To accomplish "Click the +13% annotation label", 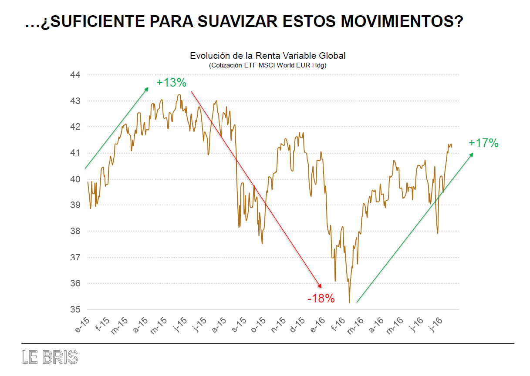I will click(172, 83).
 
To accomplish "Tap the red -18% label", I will click(321, 299).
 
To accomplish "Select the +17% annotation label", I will click(483, 143).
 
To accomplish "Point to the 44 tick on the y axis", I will click(75, 75).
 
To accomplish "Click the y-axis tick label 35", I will click(75, 309).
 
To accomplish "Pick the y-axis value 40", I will click(75, 179).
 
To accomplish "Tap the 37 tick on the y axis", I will click(75, 258).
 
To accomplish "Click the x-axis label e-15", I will click(83, 326).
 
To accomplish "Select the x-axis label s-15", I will click(239, 326).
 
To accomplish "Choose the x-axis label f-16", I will click(337, 326).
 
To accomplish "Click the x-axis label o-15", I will click(259, 326).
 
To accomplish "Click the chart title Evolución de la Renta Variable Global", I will click(268, 56).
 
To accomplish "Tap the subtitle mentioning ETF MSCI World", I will click(268, 65).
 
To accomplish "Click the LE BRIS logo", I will click(50, 357).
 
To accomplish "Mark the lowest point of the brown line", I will click(349, 302).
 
